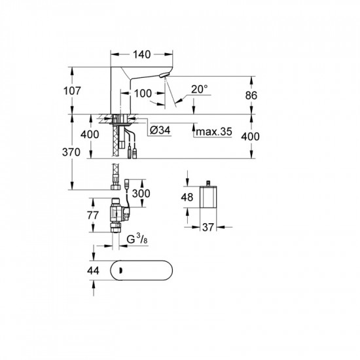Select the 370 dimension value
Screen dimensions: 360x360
pos(82,153)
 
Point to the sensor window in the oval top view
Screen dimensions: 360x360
pos(122,270)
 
